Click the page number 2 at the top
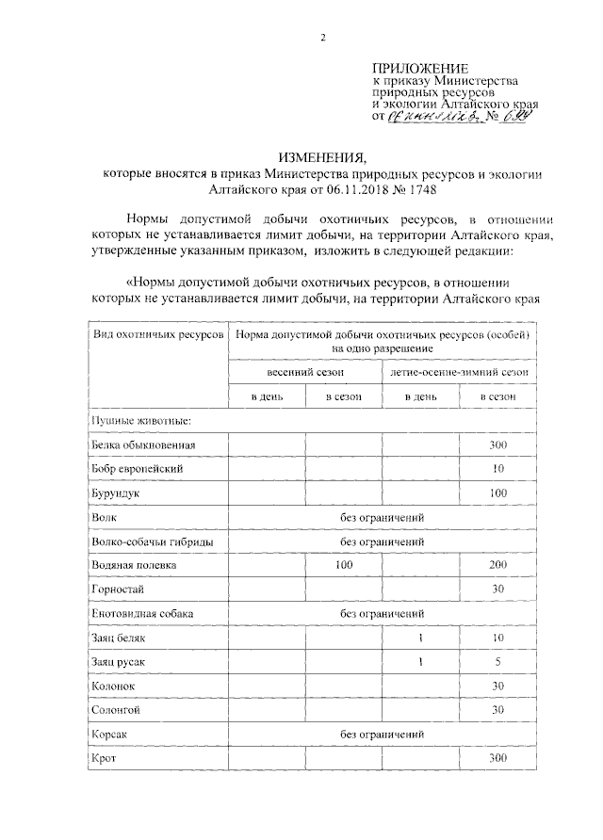coord(322,39)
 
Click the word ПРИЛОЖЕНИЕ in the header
coord(420,68)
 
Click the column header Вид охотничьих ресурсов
coord(157,334)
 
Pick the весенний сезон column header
coord(306,373)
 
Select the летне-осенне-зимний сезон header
coord(459,373)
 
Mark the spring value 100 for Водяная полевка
coord(344,565)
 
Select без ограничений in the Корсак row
coord(382,733)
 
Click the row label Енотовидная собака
coord(143,613)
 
